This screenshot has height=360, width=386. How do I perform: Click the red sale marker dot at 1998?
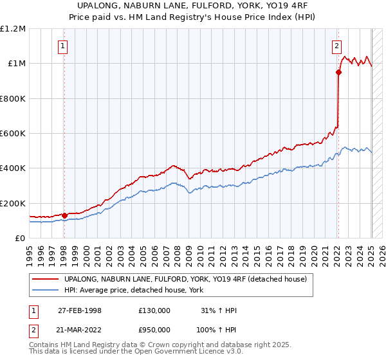pos(64,215)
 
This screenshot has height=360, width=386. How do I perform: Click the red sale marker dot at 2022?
pos(338,72)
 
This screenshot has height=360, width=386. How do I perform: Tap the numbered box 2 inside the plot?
pos(336,45)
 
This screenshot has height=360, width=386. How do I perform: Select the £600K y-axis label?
pos(14,133)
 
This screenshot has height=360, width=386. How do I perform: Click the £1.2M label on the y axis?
pos(13,28)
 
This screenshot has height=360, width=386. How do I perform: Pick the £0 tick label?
pos(21,238)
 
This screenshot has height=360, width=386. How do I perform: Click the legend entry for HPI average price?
pos(134,290)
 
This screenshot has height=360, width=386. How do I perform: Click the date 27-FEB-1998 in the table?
pos(80,310)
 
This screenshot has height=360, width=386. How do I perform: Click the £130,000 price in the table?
pos(154,310)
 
